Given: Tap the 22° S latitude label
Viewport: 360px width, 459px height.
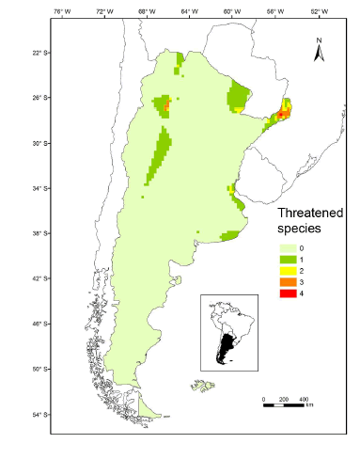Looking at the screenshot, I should point(38,53).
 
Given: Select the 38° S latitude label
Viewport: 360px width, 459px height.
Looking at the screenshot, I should point(38,233).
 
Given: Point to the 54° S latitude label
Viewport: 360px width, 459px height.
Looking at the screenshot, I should point(38,414).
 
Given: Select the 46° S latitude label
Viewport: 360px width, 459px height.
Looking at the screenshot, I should point(38,324).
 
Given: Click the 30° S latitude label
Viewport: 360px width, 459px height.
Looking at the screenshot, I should point(38,143).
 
